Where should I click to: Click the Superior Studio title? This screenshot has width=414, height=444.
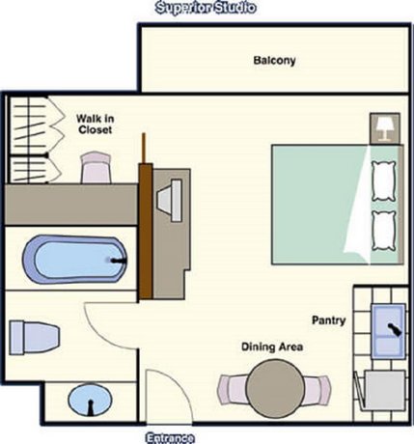click(206, 9)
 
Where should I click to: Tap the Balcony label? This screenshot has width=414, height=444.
click(274, 61)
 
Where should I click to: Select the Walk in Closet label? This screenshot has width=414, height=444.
click(97, 125)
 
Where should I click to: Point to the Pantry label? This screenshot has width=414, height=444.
click(328, 319)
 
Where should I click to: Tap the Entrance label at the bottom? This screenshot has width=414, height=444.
click(171, 437)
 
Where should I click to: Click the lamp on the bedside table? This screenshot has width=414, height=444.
click(384, 126)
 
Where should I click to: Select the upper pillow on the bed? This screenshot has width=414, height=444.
click(384, 179)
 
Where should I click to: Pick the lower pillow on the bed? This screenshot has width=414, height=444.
click(384, 230)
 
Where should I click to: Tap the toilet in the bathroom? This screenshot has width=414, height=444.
click(35, 337)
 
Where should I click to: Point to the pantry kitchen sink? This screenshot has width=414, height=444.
click(391, 324)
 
